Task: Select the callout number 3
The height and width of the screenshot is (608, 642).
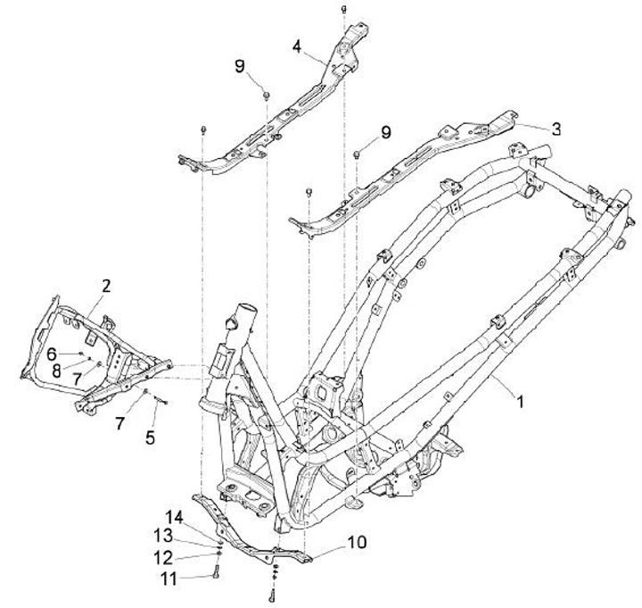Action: [x=556, y=128]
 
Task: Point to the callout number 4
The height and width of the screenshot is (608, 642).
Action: [x=296, y=44]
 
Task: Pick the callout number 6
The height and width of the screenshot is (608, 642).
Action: [x=52, y=353]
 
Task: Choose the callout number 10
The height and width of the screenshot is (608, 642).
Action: [x=356, y=542]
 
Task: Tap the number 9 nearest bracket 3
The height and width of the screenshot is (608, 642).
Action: [x=385, y=132]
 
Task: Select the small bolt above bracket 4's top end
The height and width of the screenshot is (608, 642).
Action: [x=343, y=8]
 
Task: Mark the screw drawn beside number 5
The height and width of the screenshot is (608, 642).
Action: [x=160, y=401]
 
